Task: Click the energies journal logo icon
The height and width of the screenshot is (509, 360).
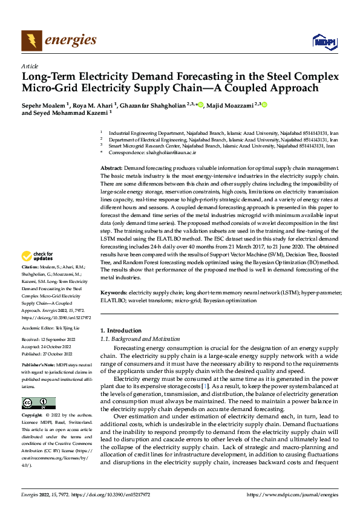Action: pos(31,41)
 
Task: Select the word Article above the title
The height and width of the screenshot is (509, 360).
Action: pos(29,66)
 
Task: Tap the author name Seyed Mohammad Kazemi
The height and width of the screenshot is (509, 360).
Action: pos(68,112)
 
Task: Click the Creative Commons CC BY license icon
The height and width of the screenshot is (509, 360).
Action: pos(38,403)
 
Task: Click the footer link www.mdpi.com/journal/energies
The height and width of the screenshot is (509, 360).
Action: pos(293,495)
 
